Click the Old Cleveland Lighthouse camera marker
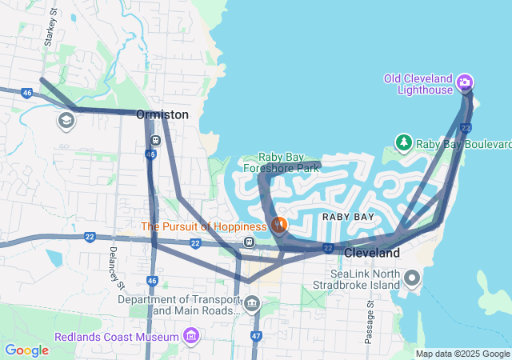pos(465,82)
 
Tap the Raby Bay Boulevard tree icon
pos(404,143)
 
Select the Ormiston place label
pos(162,114)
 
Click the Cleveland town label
pos(372,253)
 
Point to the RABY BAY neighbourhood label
pos(348,217)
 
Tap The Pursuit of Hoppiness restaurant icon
pos(278,225)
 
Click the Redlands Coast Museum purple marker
pos(190,336)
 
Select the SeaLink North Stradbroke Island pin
pos(412,278)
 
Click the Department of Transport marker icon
pos(252,303)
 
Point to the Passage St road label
pos(370,322)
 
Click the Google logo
pos(26,350)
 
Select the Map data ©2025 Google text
pos(462,354)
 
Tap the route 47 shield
pos(256,336)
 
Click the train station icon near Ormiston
pos(155,140)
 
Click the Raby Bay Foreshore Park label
pos(289,162)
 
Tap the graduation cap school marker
pos(66,121)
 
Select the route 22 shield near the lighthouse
pos(466,127)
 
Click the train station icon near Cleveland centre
pos(250,242)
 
